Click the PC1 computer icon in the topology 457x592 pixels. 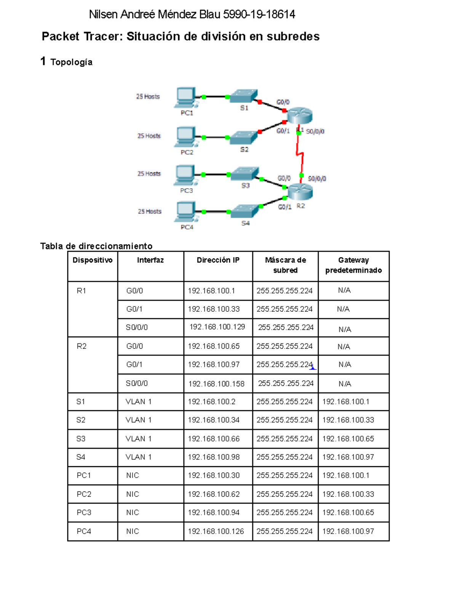185,98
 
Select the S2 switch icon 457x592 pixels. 243,138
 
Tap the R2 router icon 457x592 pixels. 300,191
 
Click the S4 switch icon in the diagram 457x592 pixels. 245,211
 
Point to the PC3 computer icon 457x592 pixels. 185,175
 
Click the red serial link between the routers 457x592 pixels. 299,152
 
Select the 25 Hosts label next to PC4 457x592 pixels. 150,211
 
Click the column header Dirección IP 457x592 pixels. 218,260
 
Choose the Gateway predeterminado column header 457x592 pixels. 353,265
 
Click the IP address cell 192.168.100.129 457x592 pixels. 217,327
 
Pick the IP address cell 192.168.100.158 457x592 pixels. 216,384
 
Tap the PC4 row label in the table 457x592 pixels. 84,531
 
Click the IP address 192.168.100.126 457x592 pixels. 216,531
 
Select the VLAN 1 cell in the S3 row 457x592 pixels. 139,439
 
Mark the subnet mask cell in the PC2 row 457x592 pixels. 284,494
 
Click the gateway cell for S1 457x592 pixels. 345,402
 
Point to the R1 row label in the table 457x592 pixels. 81,291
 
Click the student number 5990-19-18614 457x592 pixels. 259,14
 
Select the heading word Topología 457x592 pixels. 71,62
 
